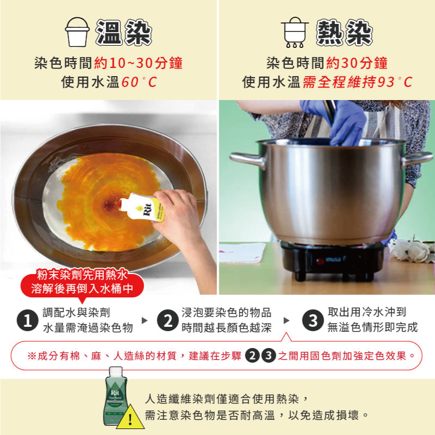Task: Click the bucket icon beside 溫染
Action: click(x=77, y=32)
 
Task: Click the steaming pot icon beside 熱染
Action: click(x=295, y=32)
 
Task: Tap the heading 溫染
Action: click(x=123, y=33)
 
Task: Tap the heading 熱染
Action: click(x=344, y=33)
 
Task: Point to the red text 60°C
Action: click(x=139, y=82)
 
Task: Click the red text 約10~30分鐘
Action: click(x=139, y=63)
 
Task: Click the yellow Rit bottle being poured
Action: click(x=142, y=207)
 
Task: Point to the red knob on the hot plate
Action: click(x=320, y=261)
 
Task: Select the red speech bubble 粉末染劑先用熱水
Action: click(x=82, y=282)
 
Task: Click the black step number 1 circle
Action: click(x=28, y=320)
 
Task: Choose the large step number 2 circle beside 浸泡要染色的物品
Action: click(x=168, y=320)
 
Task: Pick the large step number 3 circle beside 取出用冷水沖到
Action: click(x=313, y=320)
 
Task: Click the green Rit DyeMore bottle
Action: click(x=116, y=396)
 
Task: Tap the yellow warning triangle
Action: click(x=130, y=418)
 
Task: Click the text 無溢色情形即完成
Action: click(x=372, y=327)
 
